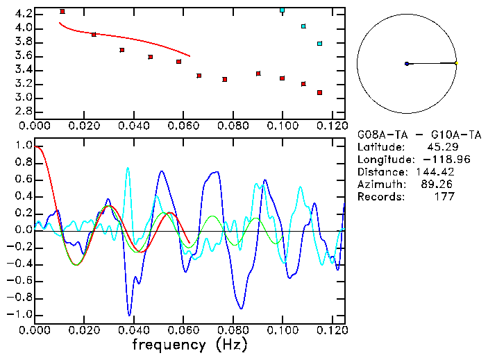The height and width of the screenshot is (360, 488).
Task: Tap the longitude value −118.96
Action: [x=435, y=160]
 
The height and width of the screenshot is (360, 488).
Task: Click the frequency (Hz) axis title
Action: [x=190, y=344]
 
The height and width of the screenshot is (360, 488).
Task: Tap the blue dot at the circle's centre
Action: [x=407, y=64]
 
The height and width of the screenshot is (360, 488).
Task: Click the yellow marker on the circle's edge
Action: [x=455, y=63]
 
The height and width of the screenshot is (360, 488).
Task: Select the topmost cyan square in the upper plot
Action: [x=282, y=10]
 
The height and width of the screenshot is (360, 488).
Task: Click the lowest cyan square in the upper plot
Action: [x=319, y=44]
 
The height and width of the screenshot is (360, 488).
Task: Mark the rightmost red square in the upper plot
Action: [x=319, y=92]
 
